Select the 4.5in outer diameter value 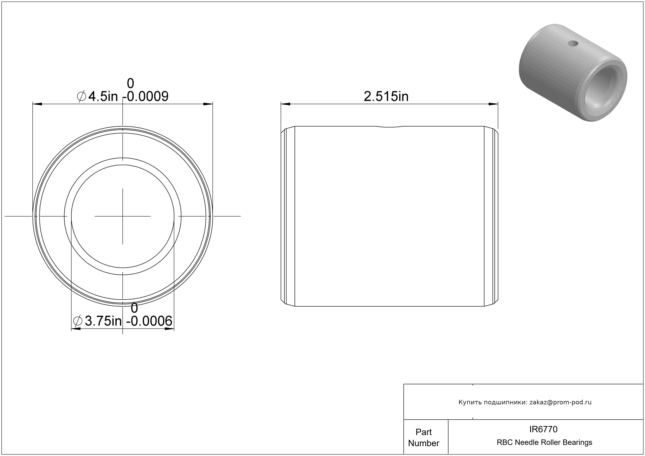103,96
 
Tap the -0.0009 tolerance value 145,96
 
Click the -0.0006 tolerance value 149,321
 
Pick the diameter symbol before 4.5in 81,96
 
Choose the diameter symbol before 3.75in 77,321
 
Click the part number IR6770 543,429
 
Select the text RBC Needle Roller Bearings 544,442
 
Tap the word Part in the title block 424,432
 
